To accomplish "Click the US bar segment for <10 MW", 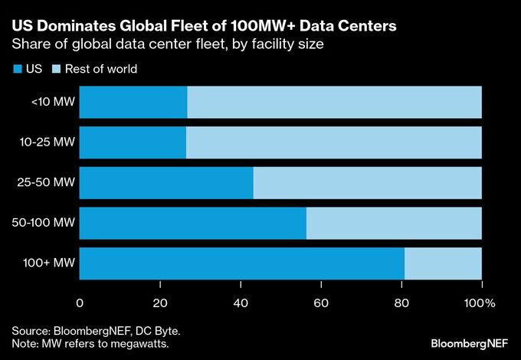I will [133, 102].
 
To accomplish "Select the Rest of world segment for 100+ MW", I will [443, 263].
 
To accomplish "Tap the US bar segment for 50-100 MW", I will [192, 223].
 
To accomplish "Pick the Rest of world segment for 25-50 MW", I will [367, 182].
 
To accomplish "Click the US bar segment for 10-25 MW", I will [133, 142].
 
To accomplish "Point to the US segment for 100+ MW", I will [241, 263].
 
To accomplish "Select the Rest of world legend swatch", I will [56, 69].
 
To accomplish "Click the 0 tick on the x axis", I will [80, 303].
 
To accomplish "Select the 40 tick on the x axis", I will [241, 303].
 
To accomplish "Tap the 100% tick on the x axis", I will [481, 303].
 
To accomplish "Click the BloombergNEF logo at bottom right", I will [467, 340].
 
